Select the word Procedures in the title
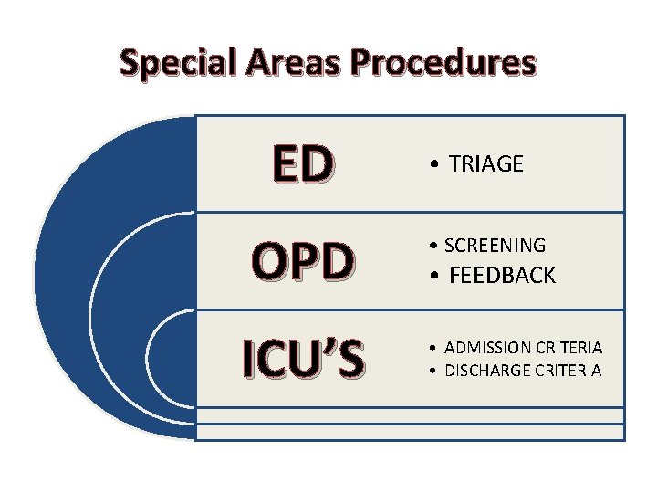point(444,63)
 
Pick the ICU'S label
point(304,358)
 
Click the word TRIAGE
point(486,164)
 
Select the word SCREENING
point(495,246)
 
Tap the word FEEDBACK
point(502,276)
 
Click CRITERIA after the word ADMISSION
point(568,348)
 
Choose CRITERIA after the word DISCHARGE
point(568,370)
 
